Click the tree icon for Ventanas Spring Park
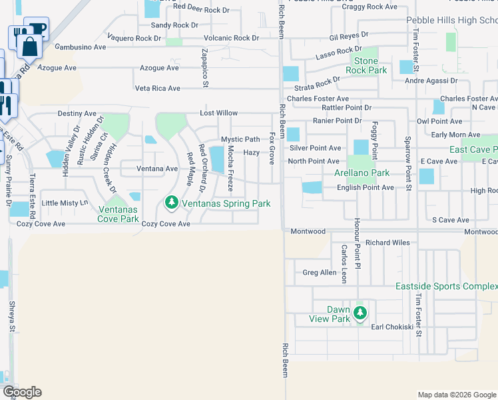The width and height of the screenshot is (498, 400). click(171, 202)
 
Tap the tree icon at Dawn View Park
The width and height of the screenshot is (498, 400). click(360, 313)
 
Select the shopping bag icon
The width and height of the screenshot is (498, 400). click(29, 46)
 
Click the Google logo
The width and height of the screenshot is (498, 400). click(22, 392)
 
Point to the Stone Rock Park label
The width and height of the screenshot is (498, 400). click(366, 65)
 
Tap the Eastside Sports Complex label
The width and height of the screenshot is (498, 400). click(446, 286)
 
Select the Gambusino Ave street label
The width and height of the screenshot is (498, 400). click(81, 47)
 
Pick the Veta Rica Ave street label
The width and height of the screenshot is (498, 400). click(158, 88)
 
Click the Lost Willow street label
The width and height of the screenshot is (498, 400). click(219, 114)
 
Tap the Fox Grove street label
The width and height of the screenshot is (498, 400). click(272, 148)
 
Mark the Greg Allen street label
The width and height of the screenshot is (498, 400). click(320, 273)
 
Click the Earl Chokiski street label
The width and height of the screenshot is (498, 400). click(392, 327)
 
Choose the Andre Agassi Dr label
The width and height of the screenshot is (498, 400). click(431, 81)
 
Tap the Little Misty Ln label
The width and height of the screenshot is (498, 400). click(65, 203)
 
